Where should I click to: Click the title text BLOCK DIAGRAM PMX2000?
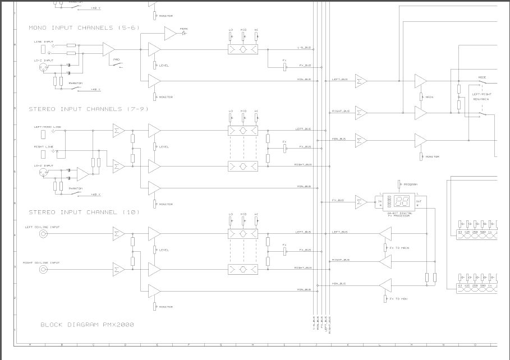tap(87, 325)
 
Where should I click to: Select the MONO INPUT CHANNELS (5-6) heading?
tap(84, 27)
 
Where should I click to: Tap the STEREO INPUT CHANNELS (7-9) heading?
tap(89, 109)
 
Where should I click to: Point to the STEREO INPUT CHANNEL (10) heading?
tap(84, 212)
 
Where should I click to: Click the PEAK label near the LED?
tap(184, 29)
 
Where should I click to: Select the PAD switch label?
tap(117, 59)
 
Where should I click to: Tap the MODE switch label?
tap(482, 77)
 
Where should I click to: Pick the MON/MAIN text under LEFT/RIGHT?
tap(481, 99)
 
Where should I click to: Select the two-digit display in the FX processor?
tap(401, 201)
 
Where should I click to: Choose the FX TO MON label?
tap(398, 299)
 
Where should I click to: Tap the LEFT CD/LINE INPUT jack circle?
tap(43, 234)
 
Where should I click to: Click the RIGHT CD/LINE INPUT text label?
tap(41, 262)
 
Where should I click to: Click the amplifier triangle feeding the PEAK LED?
tap(170, 34)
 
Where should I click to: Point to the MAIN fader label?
tap(429, 97)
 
